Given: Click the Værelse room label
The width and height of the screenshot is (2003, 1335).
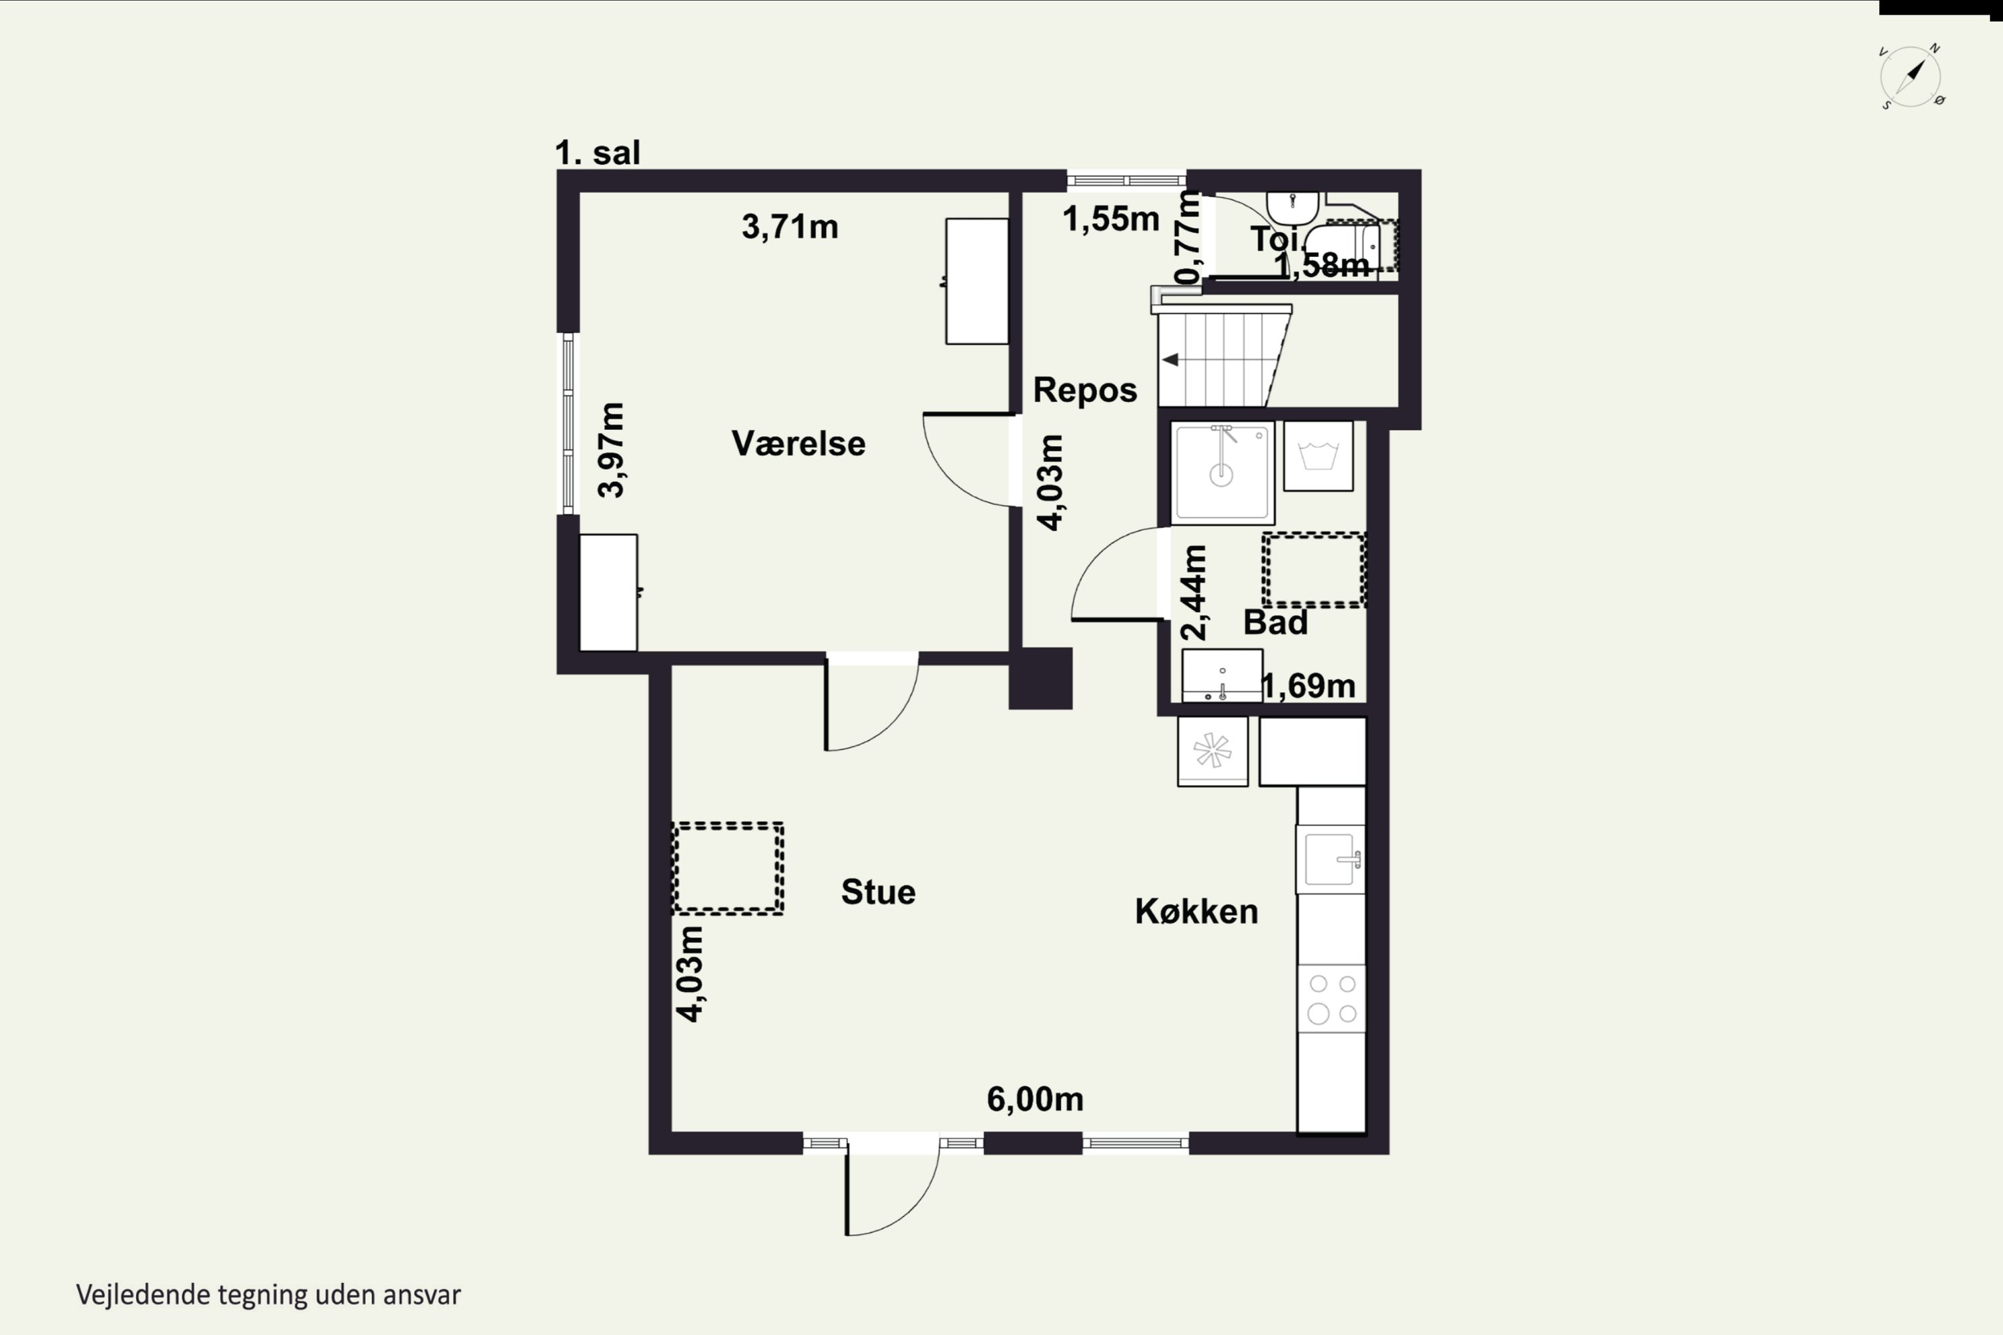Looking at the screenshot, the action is (798, 444).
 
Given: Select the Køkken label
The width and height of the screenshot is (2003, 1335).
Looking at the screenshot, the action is (1196, 912).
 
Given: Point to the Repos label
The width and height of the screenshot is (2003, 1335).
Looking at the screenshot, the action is (1085, 390).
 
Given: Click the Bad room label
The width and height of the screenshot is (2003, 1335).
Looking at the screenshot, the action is (1275, 622).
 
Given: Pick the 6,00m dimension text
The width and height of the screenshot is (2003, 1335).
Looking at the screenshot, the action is (1035, 1099).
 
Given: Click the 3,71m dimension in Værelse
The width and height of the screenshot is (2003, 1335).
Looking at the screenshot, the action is (789, 226).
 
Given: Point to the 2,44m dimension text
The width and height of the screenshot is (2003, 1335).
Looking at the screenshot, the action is (1194, 593).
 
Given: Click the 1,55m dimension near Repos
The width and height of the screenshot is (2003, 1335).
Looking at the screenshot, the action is (1110, 219).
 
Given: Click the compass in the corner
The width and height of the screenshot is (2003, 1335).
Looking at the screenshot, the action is (1910, 77).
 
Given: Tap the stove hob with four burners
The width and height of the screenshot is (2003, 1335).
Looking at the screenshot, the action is (1332, 999).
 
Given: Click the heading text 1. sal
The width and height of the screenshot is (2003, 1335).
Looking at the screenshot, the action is (597, 154).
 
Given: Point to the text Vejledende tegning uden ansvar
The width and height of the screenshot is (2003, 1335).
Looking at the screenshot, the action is (268, 1295).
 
